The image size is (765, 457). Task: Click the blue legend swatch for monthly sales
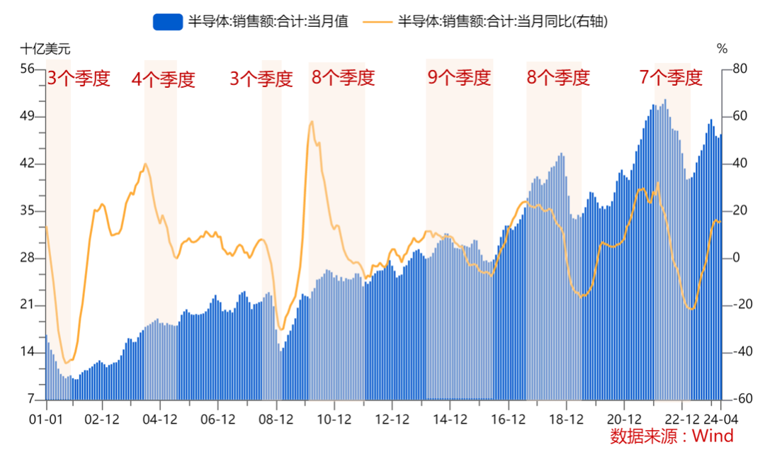(x=168, y=22)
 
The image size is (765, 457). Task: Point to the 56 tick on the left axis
(x=28, y=69)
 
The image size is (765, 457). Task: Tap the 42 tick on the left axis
(x=28, y=164)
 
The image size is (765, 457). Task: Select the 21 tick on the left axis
(x=28, y=305)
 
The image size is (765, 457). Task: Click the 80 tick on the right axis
(x=738, y=69)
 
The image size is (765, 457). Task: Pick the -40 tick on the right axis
(x=738, y=352)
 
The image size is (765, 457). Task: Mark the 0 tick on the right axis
(x=735, y=258)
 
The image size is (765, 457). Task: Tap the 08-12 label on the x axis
(x=276, y=419)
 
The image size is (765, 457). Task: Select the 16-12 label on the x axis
(x=508, y=419)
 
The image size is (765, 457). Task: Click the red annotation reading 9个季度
(x=458, y=78)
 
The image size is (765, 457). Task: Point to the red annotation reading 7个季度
(x=671, y=78)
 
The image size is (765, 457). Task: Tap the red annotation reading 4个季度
(x=163, y=79)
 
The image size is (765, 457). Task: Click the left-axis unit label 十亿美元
(x=45, y=50)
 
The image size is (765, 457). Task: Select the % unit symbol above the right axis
(x=722, y=50)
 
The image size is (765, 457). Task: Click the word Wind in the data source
(x=713, y=436)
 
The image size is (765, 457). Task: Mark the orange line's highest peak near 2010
(x=312, y=121)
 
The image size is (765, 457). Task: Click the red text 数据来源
(x=636, y=436)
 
